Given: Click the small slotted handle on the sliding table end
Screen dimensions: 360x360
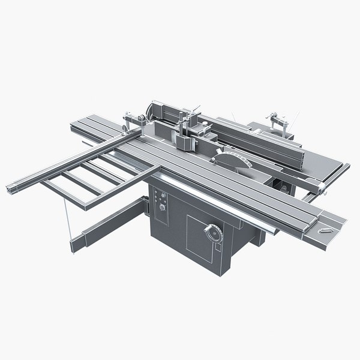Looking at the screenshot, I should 327,229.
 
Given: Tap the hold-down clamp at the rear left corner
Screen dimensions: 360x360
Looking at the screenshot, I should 128,120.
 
